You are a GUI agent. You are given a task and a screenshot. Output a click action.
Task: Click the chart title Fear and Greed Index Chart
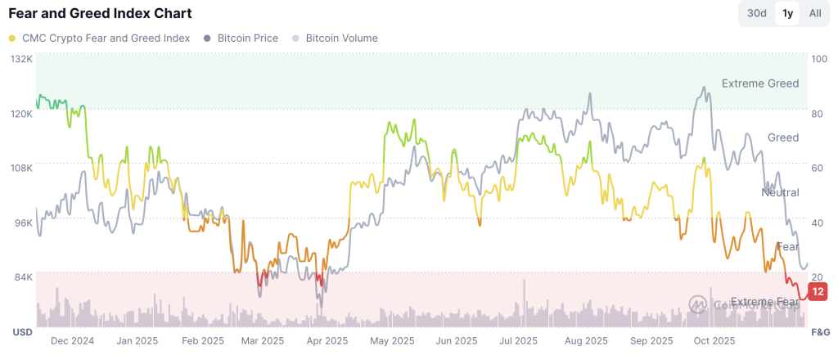tap(100, 14)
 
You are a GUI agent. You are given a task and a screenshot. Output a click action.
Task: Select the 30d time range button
tap(757, 13)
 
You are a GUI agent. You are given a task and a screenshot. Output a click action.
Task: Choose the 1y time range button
tap(787, 13)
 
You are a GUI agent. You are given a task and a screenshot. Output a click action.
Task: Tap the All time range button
tap(815, 13)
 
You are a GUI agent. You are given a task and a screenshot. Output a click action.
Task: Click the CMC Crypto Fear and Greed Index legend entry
tap(104, 38)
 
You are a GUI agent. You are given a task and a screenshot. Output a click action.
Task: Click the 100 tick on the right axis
tap(818, 59)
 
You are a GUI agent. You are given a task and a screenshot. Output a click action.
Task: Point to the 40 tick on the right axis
tap(817, 223)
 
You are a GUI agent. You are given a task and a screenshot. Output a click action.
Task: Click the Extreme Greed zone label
tap(759, 83)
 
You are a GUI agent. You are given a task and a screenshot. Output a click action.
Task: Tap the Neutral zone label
tap(780, 192)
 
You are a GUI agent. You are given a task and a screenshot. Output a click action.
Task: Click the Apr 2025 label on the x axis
tap(327, 341)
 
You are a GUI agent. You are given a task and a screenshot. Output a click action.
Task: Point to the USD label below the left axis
tap(21, 333)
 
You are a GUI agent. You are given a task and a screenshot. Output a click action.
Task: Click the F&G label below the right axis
tap(819, 333)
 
